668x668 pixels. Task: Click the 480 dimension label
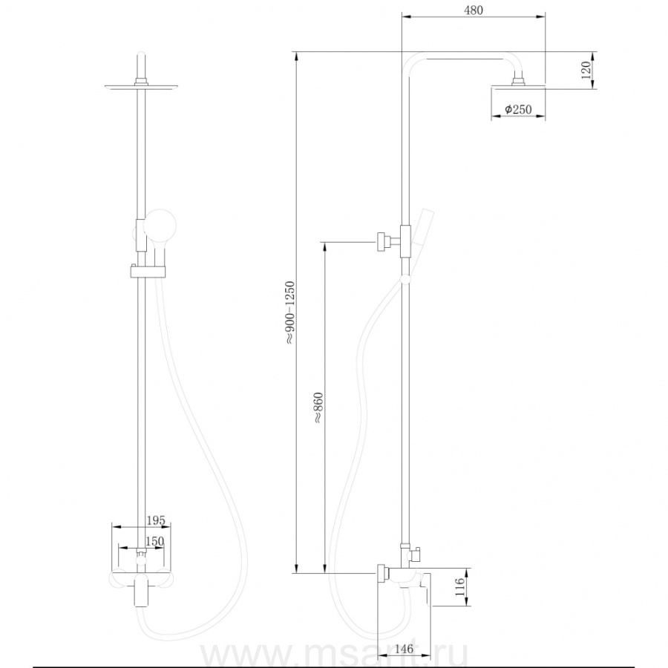[474, 10]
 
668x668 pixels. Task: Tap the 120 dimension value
[586, 70]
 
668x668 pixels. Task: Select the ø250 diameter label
[518, 110]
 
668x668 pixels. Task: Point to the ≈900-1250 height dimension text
[289, 312]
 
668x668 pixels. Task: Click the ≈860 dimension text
[318, 407]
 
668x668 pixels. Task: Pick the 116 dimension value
[459, 587]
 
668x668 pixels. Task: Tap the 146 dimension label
[404, 649]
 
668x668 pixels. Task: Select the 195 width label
[156, 520]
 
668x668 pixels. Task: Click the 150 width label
[154, 541]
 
